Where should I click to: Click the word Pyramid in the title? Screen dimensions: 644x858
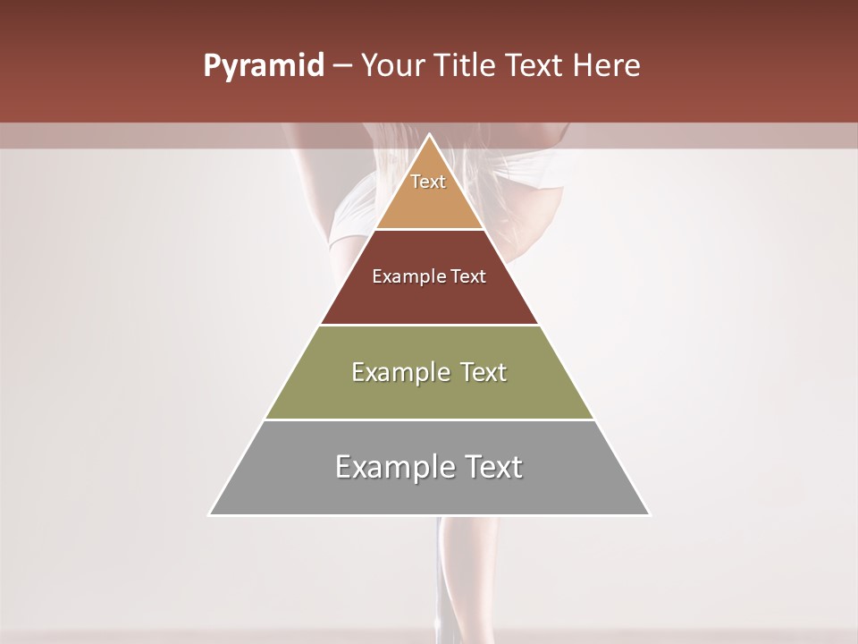coord(263,66)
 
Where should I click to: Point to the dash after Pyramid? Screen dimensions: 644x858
coord(342,66)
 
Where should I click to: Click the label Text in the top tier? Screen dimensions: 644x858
coord(428,182)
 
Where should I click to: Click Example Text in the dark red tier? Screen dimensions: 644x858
coord(429,276)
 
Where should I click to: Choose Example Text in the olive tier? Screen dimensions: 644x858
coord(429,372)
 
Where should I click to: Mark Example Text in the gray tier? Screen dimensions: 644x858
coord(429,467)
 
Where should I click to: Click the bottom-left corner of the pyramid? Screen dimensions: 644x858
coord(211,514)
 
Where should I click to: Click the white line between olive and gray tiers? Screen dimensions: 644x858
coord(429,419)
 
